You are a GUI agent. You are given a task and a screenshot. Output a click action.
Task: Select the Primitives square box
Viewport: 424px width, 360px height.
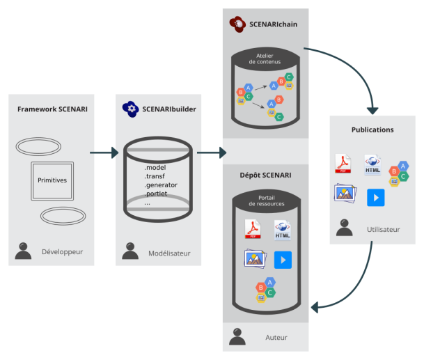point(52,180)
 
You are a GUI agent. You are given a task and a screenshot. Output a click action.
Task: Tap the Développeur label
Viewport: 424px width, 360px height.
point(62,251)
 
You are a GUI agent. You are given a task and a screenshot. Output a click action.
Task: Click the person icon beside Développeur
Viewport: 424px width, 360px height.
point(23,251)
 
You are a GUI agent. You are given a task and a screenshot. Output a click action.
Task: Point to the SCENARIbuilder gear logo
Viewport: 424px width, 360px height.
point(130,109)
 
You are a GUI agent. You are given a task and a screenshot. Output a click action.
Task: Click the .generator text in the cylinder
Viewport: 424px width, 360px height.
point(161,185)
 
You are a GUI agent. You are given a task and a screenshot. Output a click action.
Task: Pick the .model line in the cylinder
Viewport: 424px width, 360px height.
point(155,167)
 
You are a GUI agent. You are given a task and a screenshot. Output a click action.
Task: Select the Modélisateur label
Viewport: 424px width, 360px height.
point(169,253)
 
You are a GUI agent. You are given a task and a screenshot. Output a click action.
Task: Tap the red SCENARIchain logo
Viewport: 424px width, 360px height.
point(237,24)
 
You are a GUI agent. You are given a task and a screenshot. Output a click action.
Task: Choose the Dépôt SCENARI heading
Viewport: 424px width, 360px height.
point(265,175)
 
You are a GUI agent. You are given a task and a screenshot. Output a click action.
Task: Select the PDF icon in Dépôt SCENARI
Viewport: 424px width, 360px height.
point(252,228)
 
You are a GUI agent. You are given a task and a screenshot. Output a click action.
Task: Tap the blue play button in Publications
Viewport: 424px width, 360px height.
point(376,198)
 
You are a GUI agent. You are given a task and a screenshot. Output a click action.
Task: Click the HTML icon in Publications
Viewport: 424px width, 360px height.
point(372,165)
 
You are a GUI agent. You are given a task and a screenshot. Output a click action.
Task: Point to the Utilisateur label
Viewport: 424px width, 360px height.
point(384,229)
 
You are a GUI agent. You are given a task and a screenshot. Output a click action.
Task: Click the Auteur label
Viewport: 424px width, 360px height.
point(276,338)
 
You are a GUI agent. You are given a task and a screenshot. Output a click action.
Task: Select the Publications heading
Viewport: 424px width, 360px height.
point(372,130)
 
